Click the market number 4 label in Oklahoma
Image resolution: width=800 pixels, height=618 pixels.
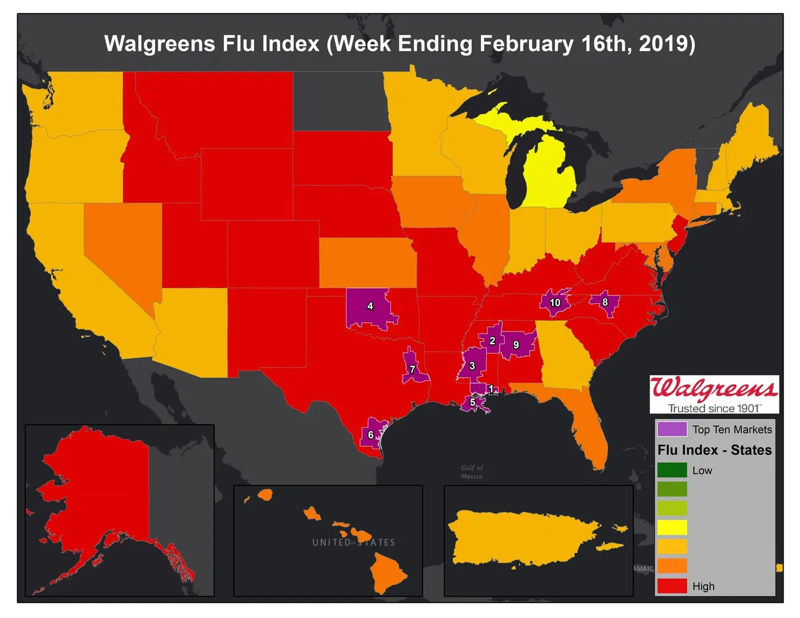coord(370,306)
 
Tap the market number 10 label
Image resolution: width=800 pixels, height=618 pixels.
coord(555,303)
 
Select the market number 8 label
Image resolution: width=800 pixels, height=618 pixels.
coord(605,302)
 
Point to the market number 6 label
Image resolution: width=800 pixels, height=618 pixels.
coord(371,435)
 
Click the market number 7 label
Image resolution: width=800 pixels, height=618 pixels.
coord(412,369)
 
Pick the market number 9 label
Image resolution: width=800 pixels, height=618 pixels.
coord(516,346)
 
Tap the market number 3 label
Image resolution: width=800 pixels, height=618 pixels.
coord(472,366)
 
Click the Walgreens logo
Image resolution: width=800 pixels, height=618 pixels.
coord(714,393)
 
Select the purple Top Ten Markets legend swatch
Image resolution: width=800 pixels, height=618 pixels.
coord(672,429)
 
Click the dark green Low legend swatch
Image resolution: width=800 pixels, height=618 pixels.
coord(672,470)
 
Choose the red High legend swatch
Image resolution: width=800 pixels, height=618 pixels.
coord(672,585)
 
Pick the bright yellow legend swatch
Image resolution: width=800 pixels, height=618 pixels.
coord(672,527)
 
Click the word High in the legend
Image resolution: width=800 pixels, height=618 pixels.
coord(703,586)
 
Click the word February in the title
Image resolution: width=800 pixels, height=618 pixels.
coord(526,44)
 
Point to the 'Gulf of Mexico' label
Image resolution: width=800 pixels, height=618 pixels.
coord(472,472)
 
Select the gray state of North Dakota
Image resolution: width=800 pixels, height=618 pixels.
coord(340,101)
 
